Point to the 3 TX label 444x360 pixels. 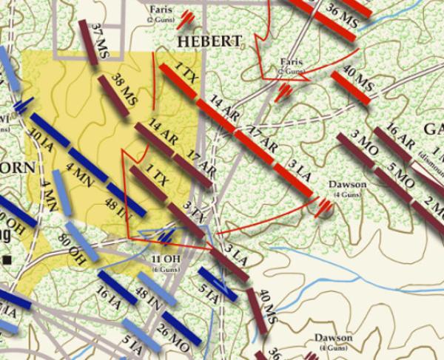192,211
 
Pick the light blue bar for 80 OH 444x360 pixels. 81,241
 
